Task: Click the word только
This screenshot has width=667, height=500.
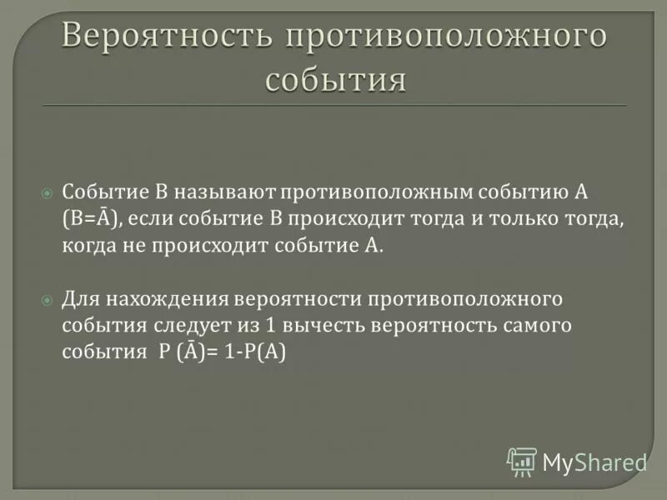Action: [521, 219]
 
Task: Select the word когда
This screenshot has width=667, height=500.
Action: [88, 247]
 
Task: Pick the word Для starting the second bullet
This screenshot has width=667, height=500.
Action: [79, 298]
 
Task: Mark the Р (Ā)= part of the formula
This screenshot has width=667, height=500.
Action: [188, 352]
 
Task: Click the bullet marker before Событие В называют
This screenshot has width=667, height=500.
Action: [47, 192]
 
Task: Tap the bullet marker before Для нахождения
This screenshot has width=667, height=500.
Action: [47, 298]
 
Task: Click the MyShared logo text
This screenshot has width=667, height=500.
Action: [594, 461]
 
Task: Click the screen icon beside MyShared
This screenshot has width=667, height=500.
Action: [522, 462]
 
